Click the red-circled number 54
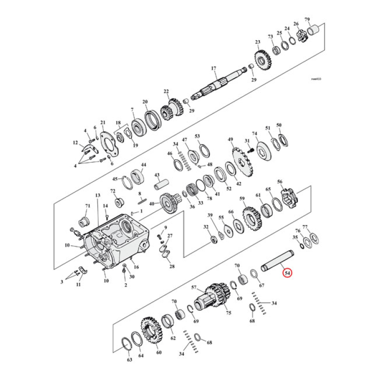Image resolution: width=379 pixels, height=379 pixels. coord(288,273)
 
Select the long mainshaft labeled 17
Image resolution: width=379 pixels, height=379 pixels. coord(223,81)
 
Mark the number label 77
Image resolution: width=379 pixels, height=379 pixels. coord(305,227)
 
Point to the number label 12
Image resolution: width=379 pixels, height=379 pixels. coord(75,143)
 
